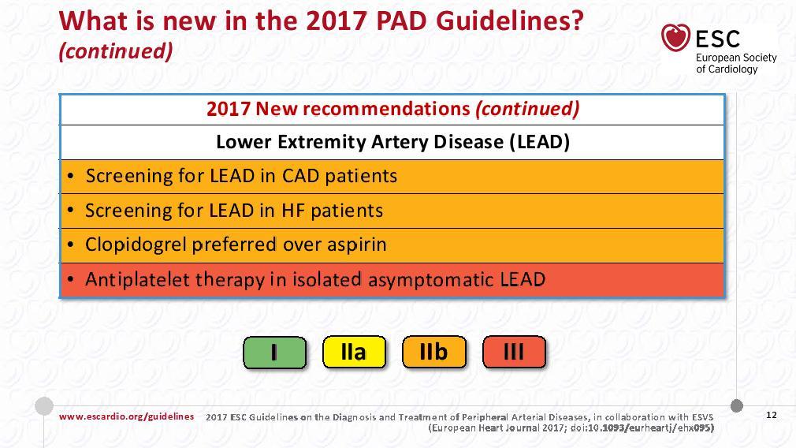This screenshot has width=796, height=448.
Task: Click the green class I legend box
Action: pos(274,352)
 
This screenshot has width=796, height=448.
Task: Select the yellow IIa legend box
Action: pos(354,352)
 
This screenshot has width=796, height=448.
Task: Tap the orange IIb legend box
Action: pos(433,352)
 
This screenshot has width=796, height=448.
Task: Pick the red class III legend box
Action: pos(514,352)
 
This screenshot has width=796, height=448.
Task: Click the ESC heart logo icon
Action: pos(675,38)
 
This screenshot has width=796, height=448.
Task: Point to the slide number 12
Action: pos(771,415)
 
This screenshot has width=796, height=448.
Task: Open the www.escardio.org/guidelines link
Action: pos(126,416)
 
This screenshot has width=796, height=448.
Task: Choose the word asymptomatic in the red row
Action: pos(431,280)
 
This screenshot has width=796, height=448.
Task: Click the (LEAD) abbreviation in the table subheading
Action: pos(540,142)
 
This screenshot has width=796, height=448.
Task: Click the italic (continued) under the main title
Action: pos(116,50)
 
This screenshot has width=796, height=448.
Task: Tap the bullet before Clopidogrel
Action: pos(71,245)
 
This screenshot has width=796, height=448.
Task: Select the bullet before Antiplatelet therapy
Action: pos(71,280)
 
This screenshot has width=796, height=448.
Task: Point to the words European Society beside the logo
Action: pos(736,58)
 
